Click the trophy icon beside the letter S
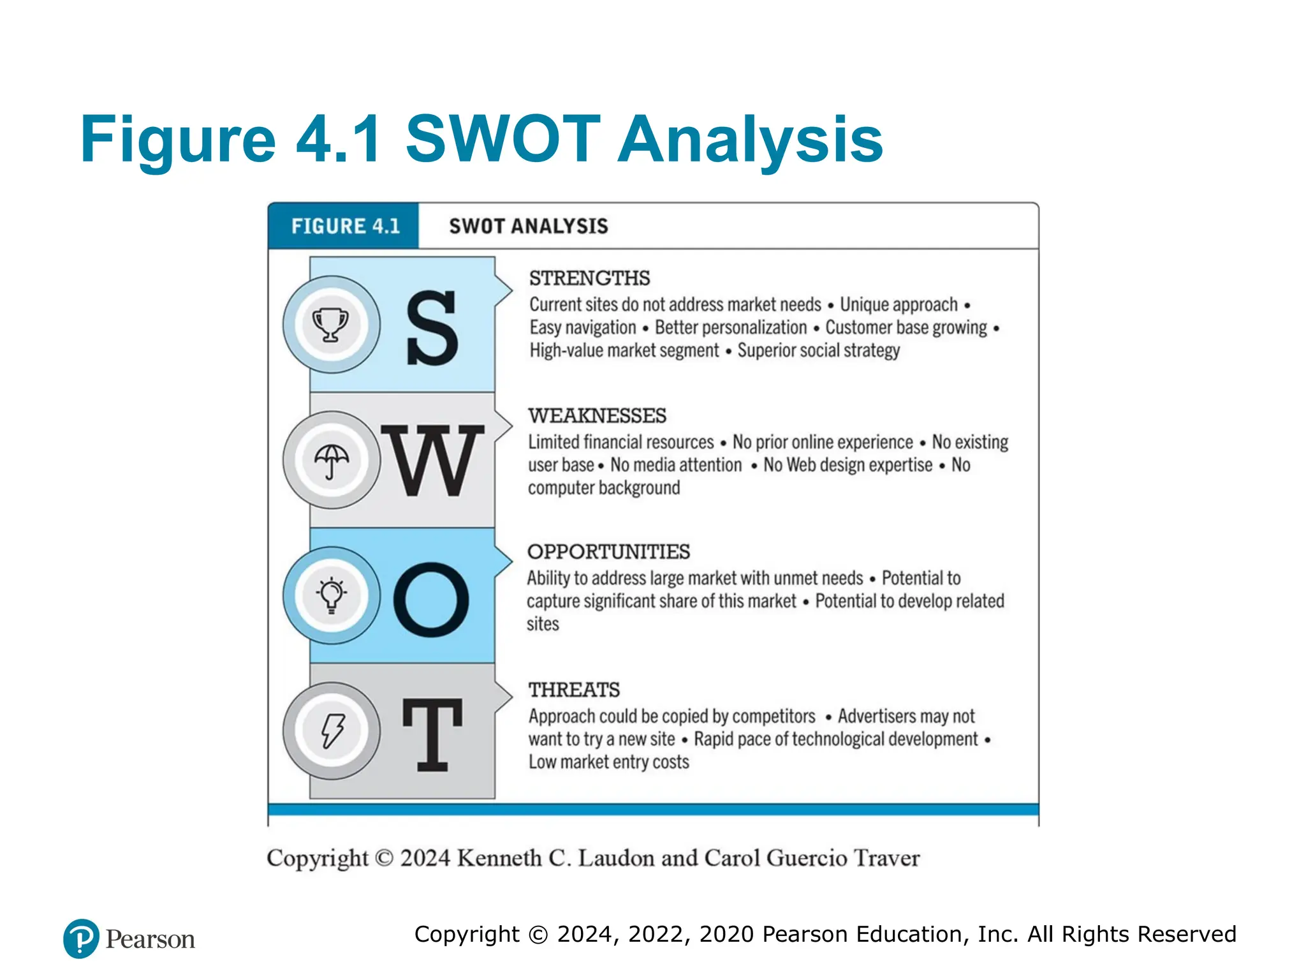[x=330, y=324]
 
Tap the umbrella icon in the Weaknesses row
[x=332, y=460]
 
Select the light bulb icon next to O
[x=332, y=595]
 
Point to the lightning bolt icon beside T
[x=332, y=731]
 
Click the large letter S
[x=432, y=328]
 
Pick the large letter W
[x=433, y=461]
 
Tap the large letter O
[x=431, y=600]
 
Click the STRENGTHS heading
[x=589, y=278]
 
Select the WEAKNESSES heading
[x=597, y=415]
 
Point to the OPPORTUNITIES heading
[x=608, y=551]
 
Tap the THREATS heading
[x=574, y=690]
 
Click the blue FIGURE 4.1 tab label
[x=345, y=226]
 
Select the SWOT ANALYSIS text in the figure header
[x=529, y=226]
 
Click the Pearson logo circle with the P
[x=81, y=939]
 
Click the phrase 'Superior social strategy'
[x=818, y=350]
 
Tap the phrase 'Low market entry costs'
[x=608, y=762]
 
